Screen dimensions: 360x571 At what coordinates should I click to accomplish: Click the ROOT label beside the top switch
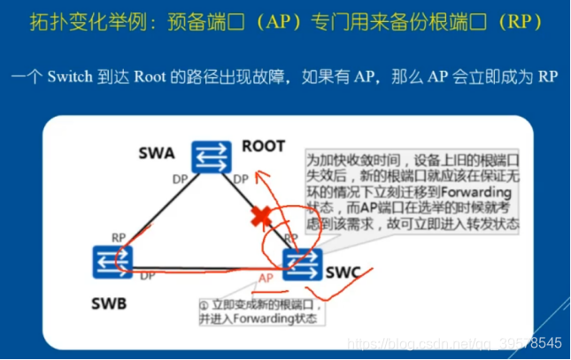point(263,145)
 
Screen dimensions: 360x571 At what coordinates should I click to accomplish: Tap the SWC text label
point(343,272)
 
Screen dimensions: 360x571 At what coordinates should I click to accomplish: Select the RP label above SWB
point(118,237)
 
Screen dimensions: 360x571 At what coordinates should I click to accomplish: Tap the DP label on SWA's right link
point(240,180)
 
